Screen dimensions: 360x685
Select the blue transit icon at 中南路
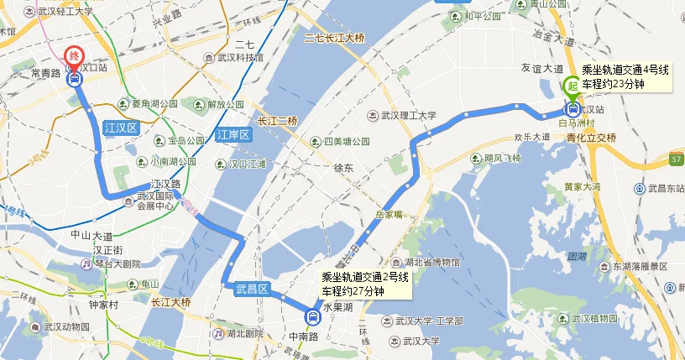point(312,316)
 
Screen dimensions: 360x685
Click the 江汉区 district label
point(120,128)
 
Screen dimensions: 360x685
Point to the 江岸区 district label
point(233,134)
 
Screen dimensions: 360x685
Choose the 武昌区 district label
point(251,289)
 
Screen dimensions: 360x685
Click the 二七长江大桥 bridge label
point(335,38)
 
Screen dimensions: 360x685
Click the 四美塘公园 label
point(346,142)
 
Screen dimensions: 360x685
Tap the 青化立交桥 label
point(592,138)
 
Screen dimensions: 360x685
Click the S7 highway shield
point(677,158)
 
